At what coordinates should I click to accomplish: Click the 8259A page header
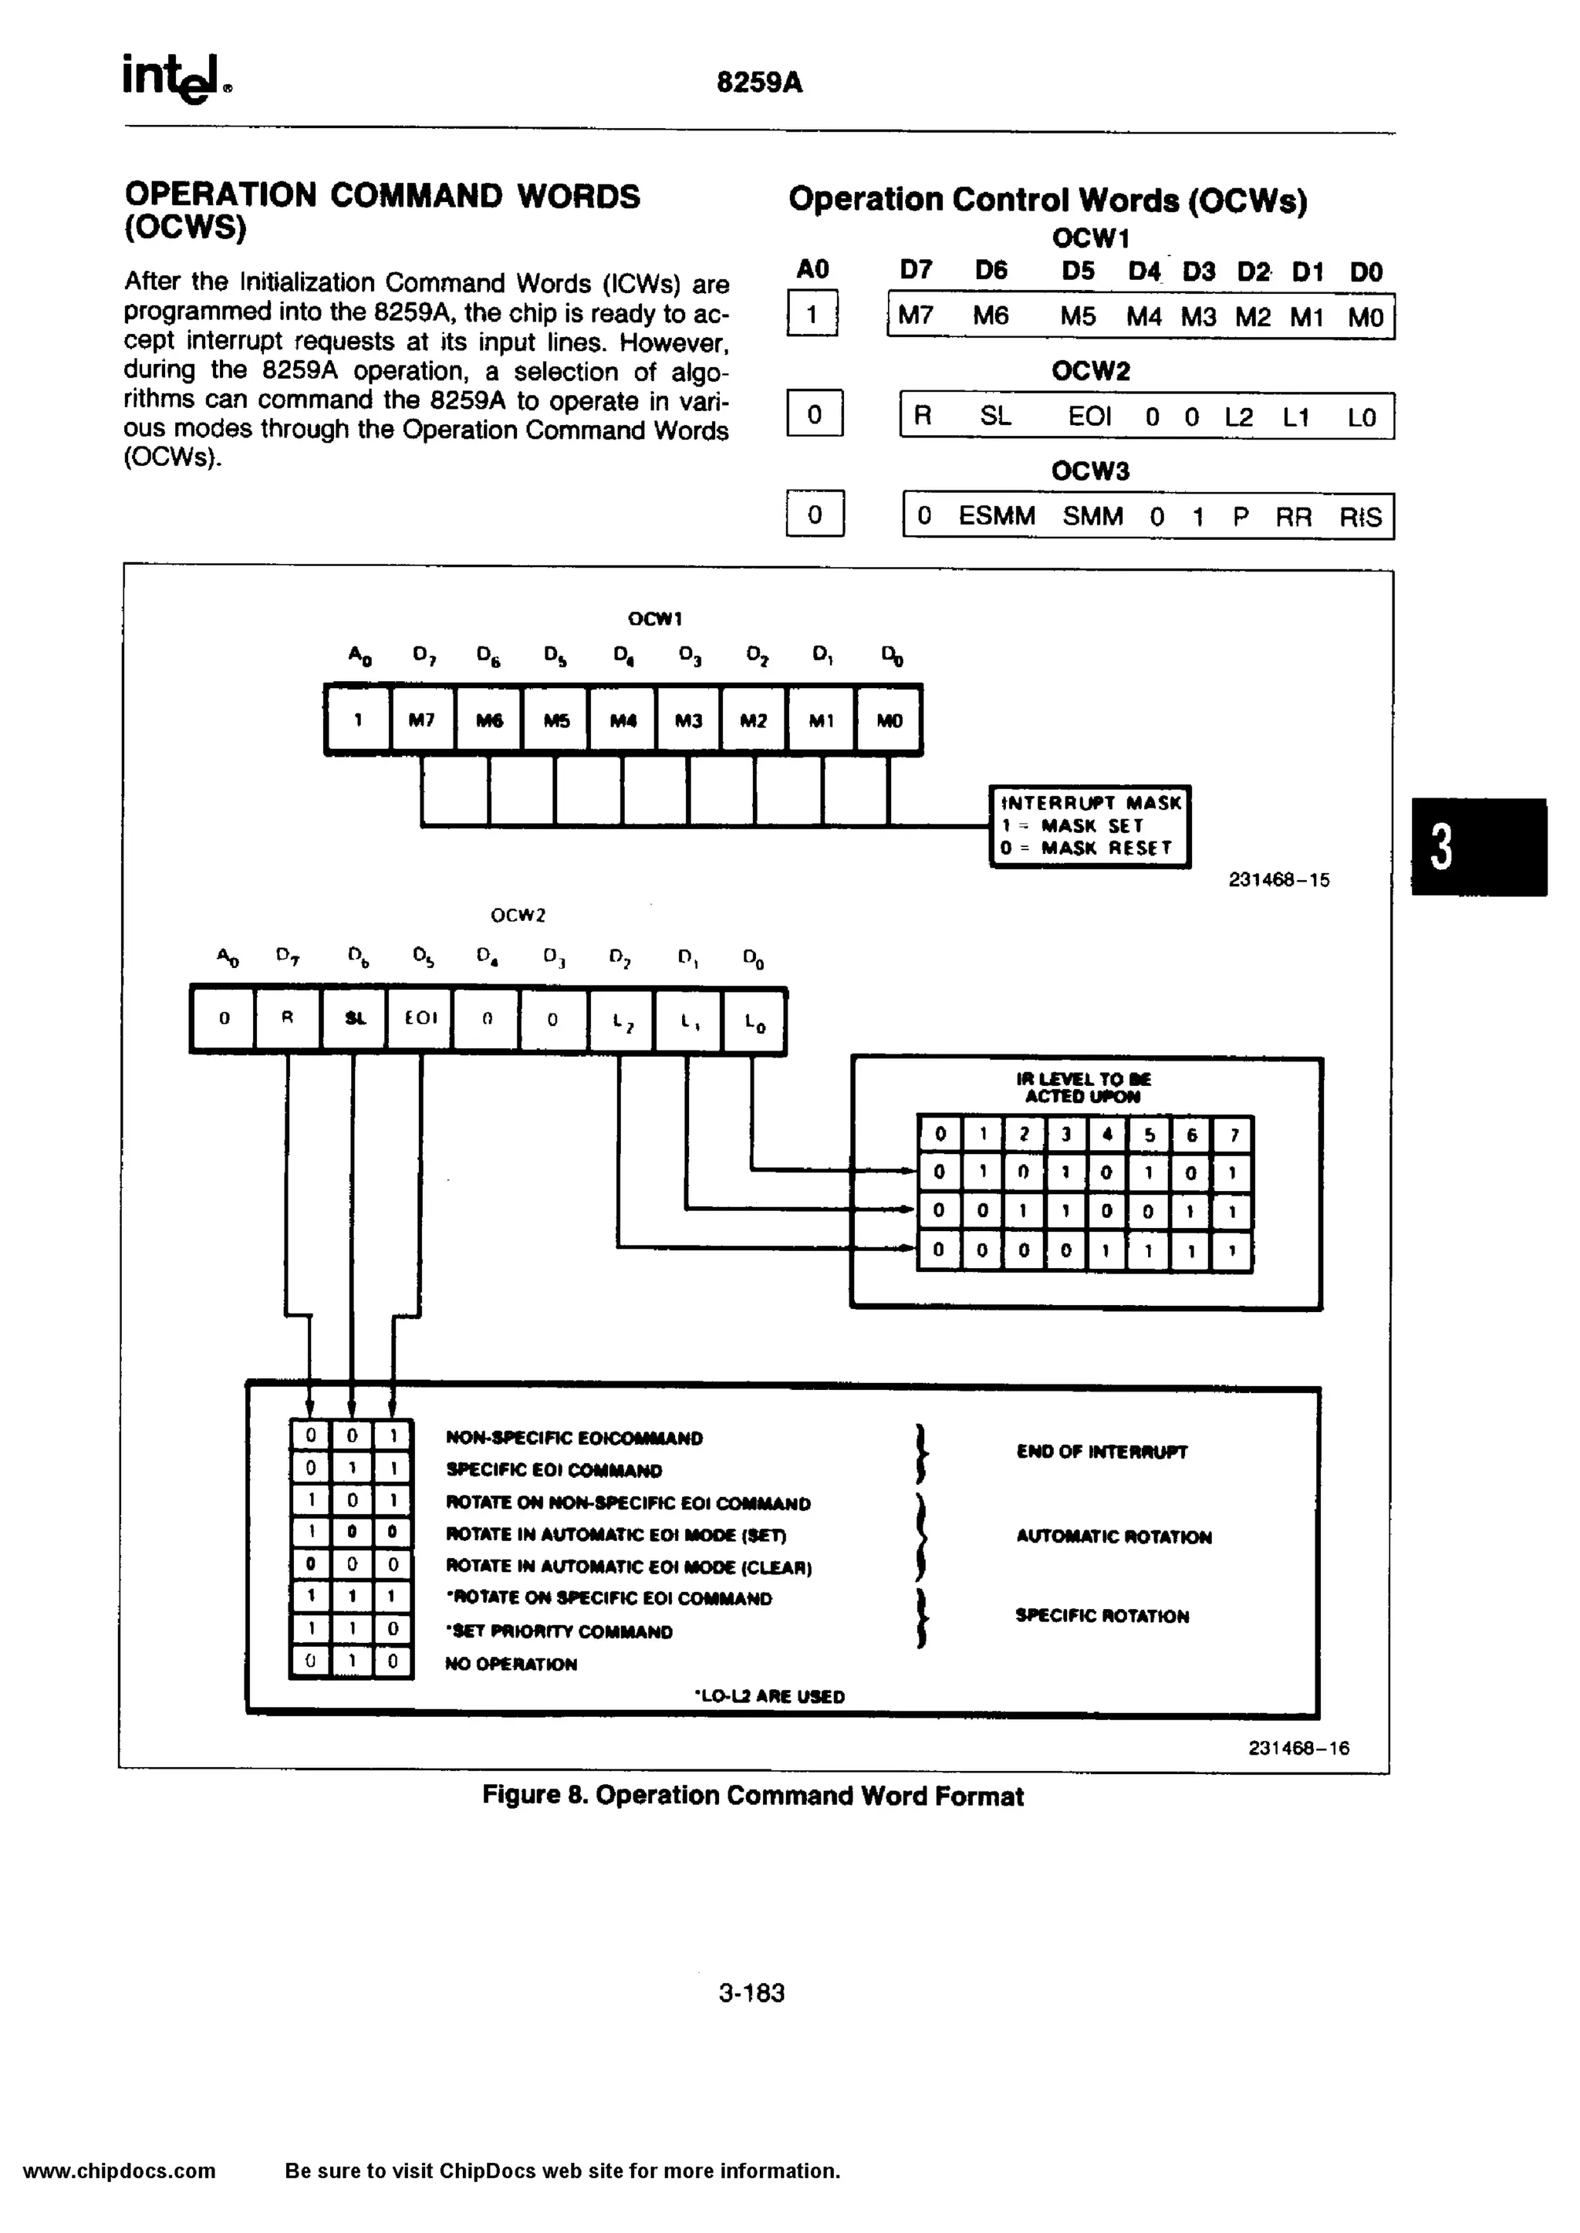click(x=759, y=83)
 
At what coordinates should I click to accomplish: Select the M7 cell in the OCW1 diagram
click(x=421, y=720)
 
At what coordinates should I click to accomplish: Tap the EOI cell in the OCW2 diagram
click(x=420, y=1018)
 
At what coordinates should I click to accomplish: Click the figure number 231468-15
click(x=1278, y=880)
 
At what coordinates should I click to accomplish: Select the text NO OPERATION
click(x=511, y=1664)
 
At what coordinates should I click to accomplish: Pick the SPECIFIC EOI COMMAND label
click(x=554, y=1470)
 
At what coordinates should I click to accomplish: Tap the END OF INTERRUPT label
click(x=1102, y=1452)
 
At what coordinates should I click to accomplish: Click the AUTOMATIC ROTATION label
click(x=1114, y=1536)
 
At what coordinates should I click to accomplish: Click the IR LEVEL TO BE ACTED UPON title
click(x=1083, y=1088)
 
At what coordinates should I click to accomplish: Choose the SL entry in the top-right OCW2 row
click(x=995, y=417)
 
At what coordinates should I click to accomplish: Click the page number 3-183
click(x=751, y=1993)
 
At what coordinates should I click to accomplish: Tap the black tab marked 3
click(x=1478, y=846)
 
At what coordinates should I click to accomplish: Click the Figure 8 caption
click(x=752, y=1796)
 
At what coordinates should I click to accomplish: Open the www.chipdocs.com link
click(x=120, y=2171)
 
